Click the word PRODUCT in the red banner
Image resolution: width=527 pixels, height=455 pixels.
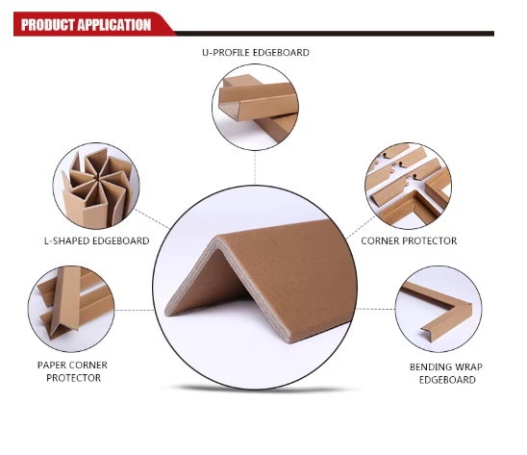pos(48,25)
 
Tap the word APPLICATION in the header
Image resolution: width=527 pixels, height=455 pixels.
pos(114,25)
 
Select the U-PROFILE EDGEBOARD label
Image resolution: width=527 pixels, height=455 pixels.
pos(256,53)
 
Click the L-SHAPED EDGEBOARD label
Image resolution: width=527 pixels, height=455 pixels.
pos(97,240)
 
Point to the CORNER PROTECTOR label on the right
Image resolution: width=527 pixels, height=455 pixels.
pos(409,240)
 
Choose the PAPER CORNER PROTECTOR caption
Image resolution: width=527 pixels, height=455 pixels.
pos(72,371)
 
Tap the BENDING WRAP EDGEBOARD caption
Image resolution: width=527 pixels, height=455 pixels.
pos(446,373)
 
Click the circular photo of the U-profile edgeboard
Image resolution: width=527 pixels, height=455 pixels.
pos(255,107)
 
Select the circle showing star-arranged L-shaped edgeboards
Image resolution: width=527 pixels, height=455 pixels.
pos(96,186)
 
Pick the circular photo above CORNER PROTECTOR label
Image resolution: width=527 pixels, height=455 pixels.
pos(408,186)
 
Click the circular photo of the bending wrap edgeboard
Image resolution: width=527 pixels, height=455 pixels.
pos(439,309)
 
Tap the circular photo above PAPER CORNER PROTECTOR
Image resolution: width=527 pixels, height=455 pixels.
pos(71,309)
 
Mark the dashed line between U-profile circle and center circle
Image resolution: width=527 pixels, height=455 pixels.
pos(255,167)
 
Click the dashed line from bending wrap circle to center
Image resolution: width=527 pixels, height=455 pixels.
pos(376,309)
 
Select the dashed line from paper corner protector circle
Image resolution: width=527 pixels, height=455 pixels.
pos(135,310)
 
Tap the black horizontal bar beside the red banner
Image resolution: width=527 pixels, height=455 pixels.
pos(335,34)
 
